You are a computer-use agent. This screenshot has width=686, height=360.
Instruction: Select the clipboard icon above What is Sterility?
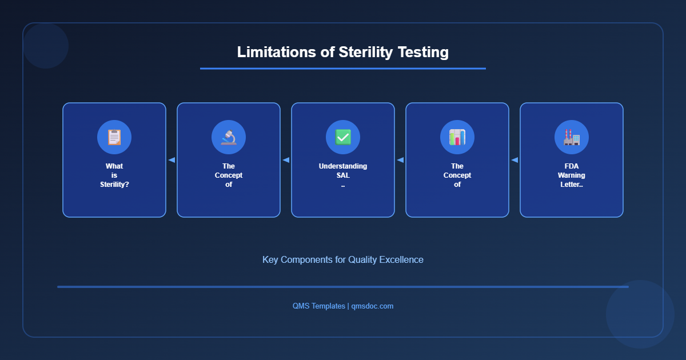point(114,137)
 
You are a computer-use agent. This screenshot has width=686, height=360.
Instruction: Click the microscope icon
point(229,137)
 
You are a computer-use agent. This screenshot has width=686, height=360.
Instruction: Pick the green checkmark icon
point(343,137)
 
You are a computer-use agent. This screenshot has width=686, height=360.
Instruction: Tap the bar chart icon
point(457,137)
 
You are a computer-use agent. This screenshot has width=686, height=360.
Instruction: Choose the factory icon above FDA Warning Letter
point(572,137)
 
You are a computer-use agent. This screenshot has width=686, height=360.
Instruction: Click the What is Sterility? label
point(114,175)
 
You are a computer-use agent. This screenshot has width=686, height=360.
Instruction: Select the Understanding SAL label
point(343,171)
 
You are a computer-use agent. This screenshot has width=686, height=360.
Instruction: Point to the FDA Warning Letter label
point(572,175)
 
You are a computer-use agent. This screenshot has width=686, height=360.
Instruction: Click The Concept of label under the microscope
point(229,175)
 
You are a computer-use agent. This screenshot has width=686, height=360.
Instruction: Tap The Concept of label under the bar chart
point(457,175)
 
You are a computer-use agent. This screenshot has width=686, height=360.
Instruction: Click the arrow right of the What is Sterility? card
point(171,160)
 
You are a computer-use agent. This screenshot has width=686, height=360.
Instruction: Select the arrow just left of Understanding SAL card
point(286,160)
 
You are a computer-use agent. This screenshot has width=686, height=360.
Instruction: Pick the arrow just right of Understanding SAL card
point(400,160)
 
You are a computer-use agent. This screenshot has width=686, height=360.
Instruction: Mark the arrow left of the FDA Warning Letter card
point(514,160)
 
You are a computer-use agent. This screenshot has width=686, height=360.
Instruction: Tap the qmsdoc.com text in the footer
point(372,306)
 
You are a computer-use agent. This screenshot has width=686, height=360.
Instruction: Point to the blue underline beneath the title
point(343,69)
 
